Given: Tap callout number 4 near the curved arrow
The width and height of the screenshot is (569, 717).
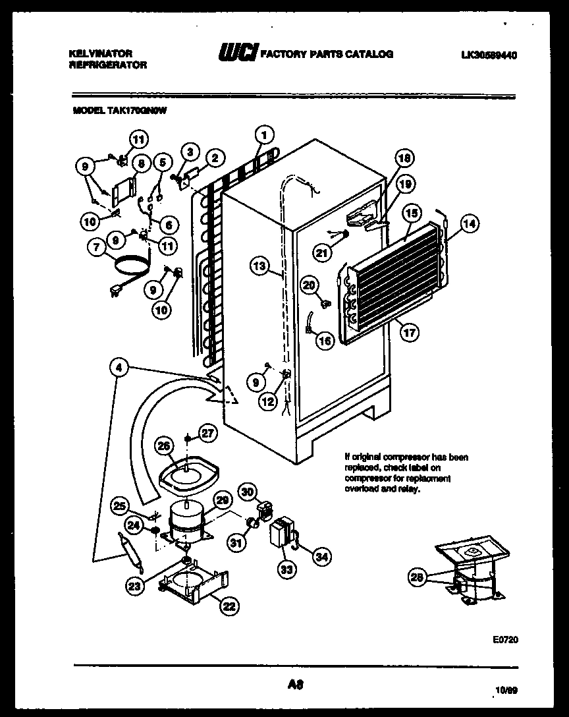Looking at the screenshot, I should [119, 370].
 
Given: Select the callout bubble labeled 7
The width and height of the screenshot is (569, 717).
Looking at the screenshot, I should [97, 247].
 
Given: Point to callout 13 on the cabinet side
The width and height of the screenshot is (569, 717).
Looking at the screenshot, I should [260, 266].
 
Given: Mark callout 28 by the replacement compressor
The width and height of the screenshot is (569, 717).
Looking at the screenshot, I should [416, 578].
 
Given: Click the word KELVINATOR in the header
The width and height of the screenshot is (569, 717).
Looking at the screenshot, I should [101, 53].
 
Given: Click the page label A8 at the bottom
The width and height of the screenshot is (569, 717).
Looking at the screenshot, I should [294, 685].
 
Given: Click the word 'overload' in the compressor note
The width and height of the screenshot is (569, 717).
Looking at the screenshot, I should [358, 490].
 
